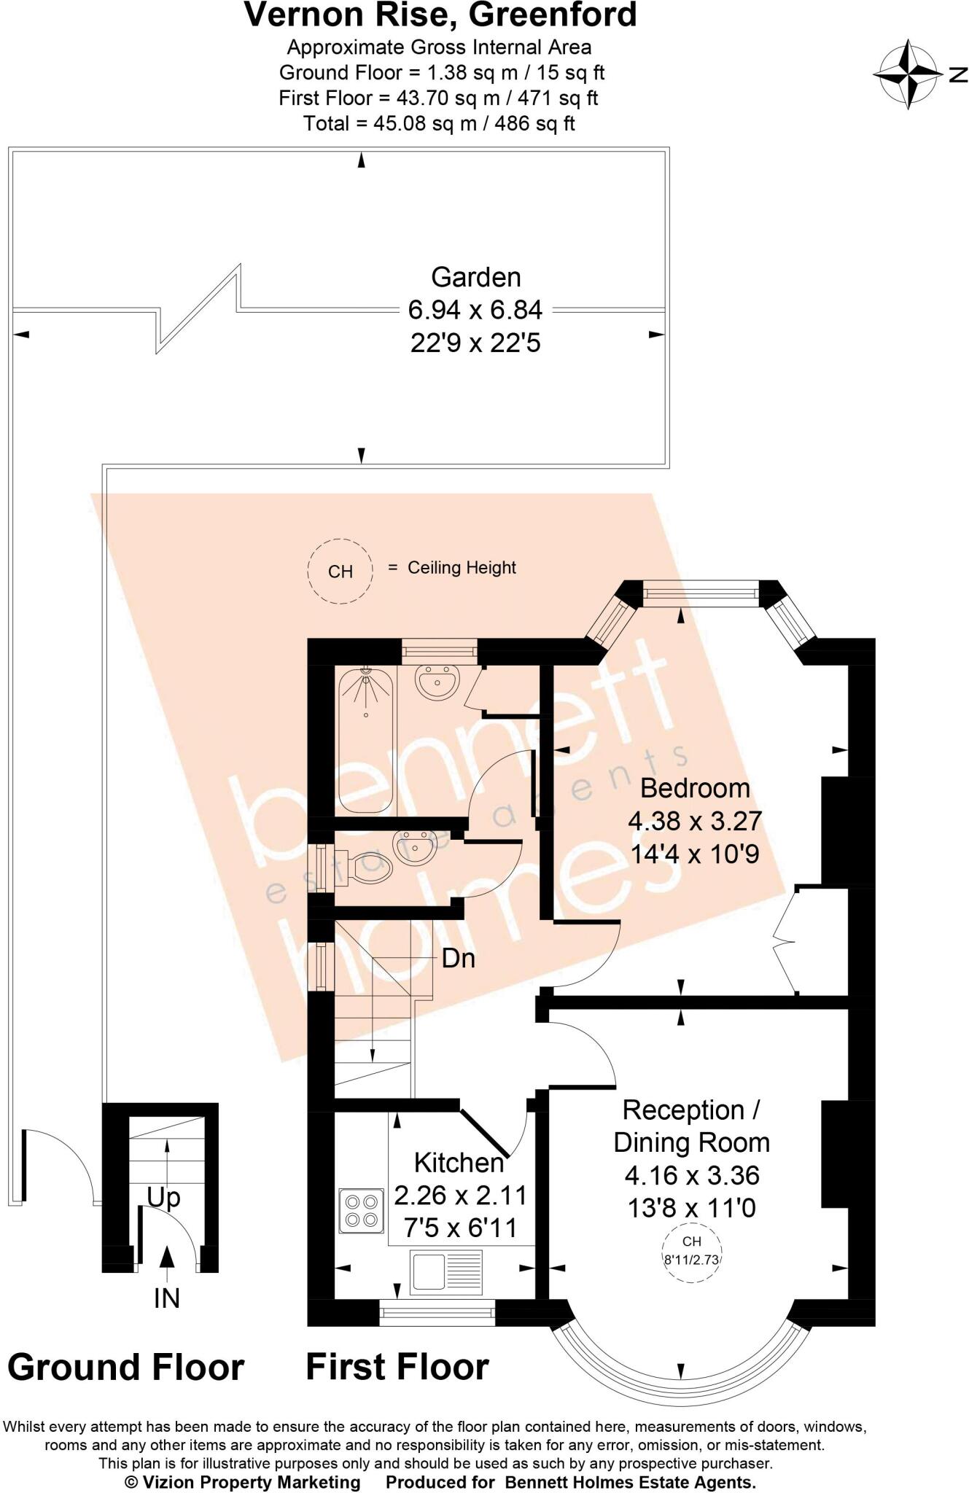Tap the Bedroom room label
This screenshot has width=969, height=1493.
(694, 788)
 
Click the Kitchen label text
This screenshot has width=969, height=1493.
(459, 1162)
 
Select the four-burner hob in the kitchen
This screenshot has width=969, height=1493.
(362, 1211)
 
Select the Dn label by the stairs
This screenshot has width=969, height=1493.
(458, 958)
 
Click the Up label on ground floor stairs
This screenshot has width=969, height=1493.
(163, 1197)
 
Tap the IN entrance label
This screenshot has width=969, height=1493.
(166, 1298)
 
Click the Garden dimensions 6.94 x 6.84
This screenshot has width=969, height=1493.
(475, 310)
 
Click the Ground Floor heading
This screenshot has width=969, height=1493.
(125, 1368)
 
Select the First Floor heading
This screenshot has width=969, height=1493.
(397, 1367)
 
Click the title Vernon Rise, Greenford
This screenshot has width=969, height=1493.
(440, 16)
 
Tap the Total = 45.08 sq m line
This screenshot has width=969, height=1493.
(439, 123)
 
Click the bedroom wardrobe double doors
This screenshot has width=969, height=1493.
(786, 940)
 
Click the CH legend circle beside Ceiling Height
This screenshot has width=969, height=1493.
(340, 571)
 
